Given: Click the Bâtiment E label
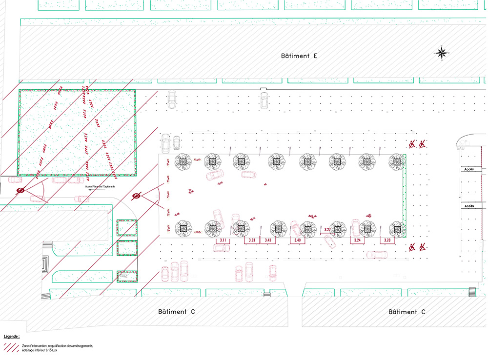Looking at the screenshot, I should [300, 56].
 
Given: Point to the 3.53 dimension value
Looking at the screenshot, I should [252, 241].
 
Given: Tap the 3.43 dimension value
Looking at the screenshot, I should [268, 241].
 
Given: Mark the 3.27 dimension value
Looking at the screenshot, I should [328, 230].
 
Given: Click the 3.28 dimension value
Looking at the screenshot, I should [387, 241].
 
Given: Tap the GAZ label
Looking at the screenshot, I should [124, 277].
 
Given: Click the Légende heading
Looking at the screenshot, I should [12, 337].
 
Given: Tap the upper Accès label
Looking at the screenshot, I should [469, 169].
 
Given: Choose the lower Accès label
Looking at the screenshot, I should [469, 206].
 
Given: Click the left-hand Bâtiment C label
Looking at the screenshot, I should [176, 312].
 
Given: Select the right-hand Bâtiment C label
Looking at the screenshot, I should [407, 312].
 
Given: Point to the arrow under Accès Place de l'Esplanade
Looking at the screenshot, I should [100, 191].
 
